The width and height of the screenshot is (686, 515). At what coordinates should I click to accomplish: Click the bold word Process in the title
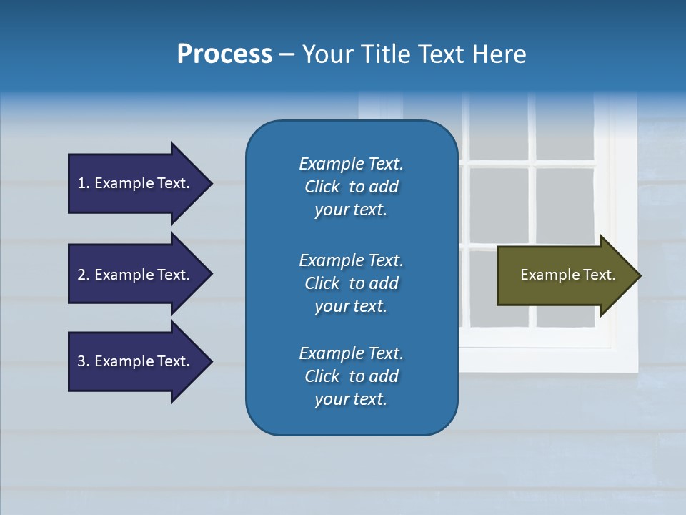click(x=224, y=54)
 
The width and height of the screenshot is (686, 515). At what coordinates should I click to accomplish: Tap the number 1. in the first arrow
click(x=84, y=183)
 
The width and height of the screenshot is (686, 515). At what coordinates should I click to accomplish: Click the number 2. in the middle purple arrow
click(x=84, y=275)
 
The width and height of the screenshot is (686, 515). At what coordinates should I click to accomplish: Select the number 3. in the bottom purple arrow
click(x=84, y=361)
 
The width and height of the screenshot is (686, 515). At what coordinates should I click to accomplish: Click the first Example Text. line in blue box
click(x=351, y=164)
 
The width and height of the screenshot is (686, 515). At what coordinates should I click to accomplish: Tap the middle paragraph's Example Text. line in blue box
click(x=351, y=260)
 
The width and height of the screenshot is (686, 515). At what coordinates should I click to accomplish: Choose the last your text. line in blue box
click(x=351, y=400)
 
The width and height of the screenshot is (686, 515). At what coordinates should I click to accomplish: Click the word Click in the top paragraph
click(x=322, y=187)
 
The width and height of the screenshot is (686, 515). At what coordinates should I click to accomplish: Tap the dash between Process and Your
click(x=287, y=54)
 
